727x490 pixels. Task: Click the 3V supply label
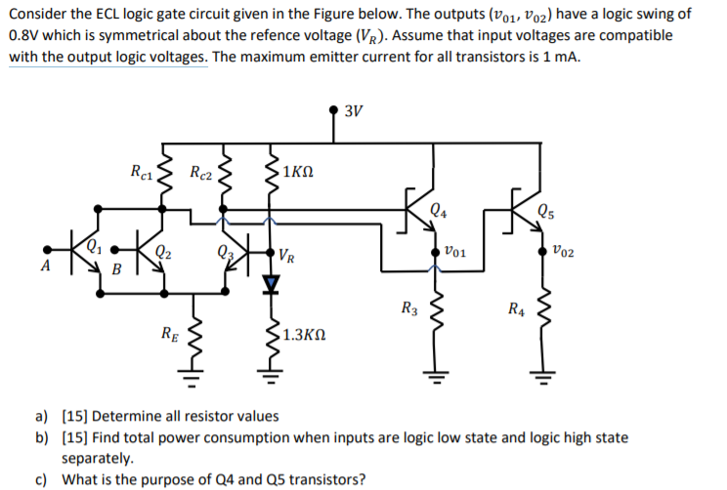tap(354, 109)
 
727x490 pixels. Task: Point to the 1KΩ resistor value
tap(296, 173)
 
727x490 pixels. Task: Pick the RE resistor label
tap(169, 334)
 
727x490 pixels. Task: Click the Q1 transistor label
tap(93, 245)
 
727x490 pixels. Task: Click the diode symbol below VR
tap(274, 283)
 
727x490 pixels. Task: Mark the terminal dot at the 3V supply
tap(334, 109)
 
